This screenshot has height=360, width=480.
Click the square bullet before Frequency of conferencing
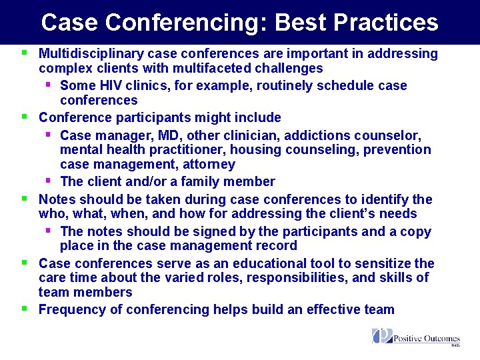(24, 309)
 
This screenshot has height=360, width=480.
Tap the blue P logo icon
(382, 336)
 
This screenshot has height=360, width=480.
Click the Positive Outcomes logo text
(427, 338)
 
